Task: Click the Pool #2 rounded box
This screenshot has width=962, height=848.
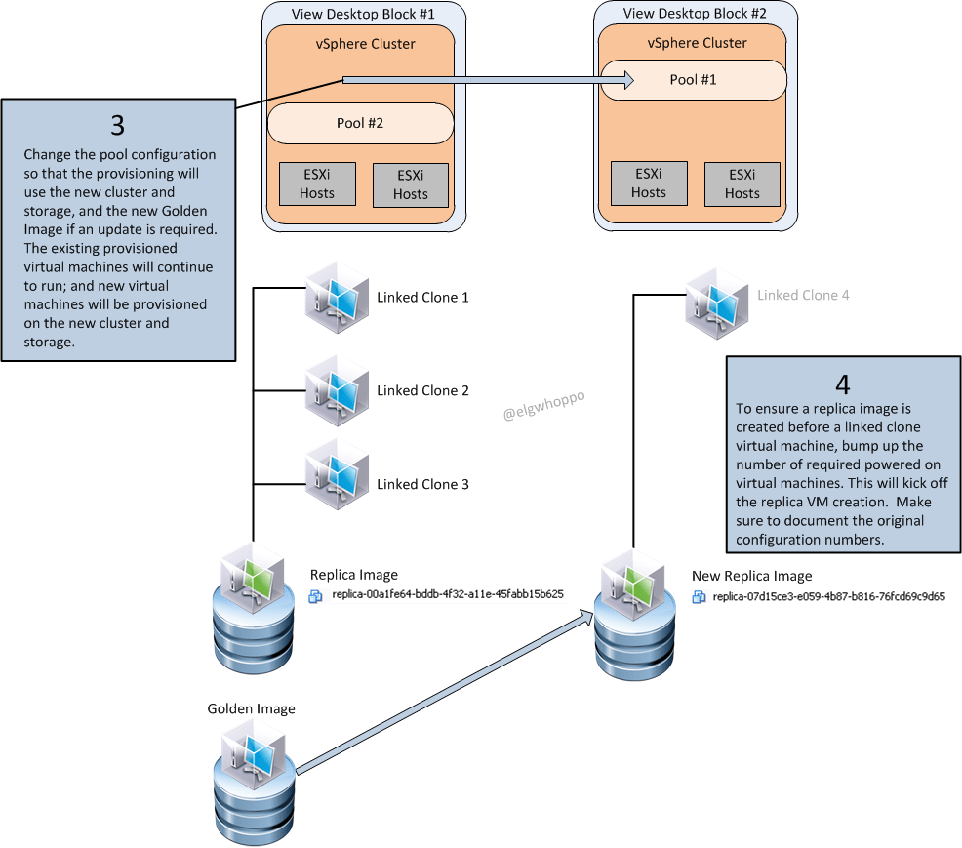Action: pos(360,124)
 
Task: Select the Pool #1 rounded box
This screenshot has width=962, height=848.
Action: pos(693,80)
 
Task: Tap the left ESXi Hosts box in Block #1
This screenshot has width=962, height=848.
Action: pos(317,183)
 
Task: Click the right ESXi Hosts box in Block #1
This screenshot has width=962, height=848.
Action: pos(410,184)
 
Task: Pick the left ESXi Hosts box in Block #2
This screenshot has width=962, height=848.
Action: pos(648,182)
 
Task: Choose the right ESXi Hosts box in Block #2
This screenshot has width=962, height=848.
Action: pos(742,184)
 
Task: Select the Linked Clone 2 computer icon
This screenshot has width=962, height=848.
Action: pos(336,386)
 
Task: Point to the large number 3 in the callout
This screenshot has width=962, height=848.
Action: pos(117,126)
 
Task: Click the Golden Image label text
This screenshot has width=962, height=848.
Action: pos(251,708)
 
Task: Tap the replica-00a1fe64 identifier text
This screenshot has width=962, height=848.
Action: pos(448,594)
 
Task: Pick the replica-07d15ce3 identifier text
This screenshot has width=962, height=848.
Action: pos(828,595)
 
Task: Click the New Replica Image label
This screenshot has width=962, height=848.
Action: pos(751,576)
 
